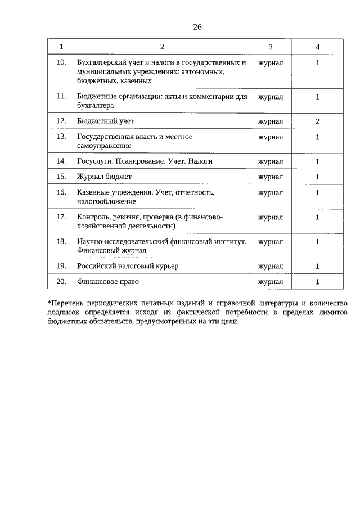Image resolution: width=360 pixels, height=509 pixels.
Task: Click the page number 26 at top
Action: [x=197, y=26]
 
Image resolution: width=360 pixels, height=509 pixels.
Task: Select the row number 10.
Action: [x=61, y=62]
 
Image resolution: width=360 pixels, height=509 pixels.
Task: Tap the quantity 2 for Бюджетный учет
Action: [x=317, y=121]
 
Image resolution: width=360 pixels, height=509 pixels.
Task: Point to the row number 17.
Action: [x=61, y=217]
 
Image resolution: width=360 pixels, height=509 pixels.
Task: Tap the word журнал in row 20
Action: [x=270, y=281]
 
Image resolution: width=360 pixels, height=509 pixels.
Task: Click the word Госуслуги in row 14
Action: [x=92, y=161]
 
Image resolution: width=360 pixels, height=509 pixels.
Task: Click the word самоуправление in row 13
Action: [x=103, y=145]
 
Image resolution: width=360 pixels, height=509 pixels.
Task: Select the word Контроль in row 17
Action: [x=92, y=217]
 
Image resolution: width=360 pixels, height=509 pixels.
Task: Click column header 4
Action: [x=317, y=46]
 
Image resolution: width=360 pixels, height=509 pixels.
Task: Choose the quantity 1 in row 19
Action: [x=317, y=265]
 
